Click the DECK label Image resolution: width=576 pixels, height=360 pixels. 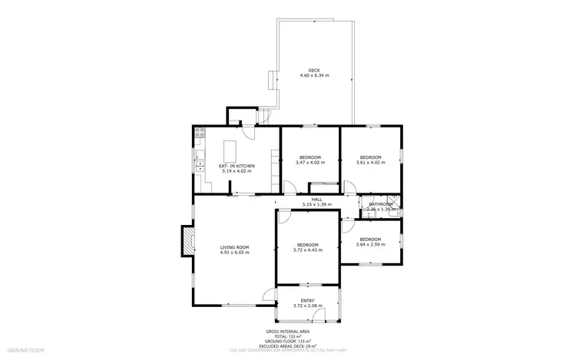[x=314, y=70]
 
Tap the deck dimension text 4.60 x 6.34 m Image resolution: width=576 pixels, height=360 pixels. [x=314, y=75]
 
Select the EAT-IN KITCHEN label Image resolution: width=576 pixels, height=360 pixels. [x=237, y=166]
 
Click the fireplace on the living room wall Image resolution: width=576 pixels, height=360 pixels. [x=186, y=240]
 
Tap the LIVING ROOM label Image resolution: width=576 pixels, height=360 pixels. [x=234, y=246]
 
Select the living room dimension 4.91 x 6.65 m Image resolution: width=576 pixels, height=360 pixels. [x=234, y=252]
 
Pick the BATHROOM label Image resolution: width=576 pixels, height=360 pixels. [x=381, y=203]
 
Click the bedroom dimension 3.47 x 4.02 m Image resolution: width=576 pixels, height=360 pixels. [x=310, y=162]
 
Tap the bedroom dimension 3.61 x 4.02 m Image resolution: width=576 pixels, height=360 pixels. [x=370, y=162]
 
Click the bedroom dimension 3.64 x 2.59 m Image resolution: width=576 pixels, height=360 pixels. [x=370, y=245]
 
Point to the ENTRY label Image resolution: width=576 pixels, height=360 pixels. [x=307, y=300]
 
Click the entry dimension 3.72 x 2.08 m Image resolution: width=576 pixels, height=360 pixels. [x=307, y=306]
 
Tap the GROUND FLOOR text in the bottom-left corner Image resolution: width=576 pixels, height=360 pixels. [x=26, y=350]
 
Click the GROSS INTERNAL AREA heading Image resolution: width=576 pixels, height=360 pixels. [x=287, y=332]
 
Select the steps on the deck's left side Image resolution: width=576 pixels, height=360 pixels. [x=273, y=81]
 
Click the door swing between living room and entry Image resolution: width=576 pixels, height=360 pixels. [x=269, y=294]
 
